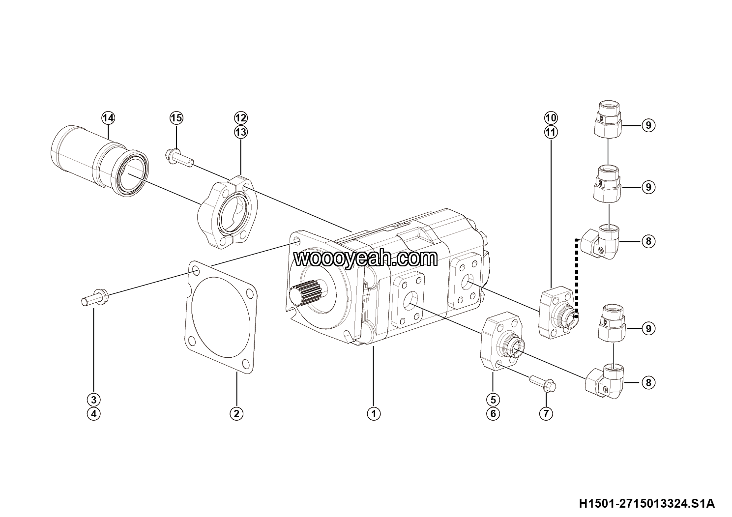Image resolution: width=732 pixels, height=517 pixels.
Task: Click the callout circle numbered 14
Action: [108, 118]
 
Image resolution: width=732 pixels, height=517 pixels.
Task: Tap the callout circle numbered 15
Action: [176, 118]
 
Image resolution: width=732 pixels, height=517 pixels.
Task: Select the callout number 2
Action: [236, 414]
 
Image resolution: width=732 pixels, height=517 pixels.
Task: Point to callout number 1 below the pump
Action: [374, 414]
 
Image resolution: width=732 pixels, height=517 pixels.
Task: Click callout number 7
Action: [546, 414]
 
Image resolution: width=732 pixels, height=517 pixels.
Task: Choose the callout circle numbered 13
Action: [241, 132]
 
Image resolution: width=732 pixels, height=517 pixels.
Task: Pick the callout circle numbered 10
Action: [551, 118]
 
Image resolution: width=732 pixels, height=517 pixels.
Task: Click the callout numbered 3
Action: [94, 400]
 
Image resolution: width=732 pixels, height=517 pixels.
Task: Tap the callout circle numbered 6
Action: [493, 414]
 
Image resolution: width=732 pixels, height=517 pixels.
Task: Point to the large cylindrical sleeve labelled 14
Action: [100, 161]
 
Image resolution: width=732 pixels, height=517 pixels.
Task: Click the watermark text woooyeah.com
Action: [366, 258]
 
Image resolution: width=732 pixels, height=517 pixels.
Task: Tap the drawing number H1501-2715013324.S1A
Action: [647, 503]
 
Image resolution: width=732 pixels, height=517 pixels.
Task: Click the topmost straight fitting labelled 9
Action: [607, 119]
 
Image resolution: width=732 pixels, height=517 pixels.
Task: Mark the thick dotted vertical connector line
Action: [577, 278]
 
